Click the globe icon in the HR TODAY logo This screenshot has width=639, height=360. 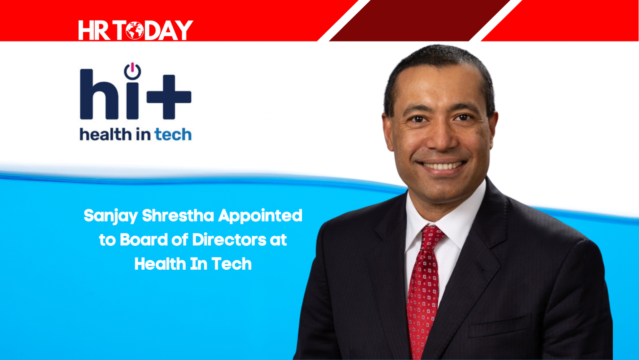click(x=135, y=30)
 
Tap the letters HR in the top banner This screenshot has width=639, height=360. click(x=94, y=30)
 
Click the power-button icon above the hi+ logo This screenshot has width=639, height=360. click(x=132, y=71)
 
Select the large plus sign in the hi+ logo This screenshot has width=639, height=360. click(x=169, y=97)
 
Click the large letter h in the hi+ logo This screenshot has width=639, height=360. click(x=99, y=94)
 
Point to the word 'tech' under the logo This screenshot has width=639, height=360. click(x=173, y=134)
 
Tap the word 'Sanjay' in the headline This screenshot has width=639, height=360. click(x=111, y=216)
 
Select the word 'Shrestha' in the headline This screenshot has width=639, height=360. click(x=178, y=215)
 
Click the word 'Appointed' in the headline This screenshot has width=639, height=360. click(x=260, y=216)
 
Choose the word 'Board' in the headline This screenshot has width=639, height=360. click(x=144, y=239)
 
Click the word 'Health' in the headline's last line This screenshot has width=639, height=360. click(x=160, y=264)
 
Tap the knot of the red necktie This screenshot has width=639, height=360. click(x=432, y=237)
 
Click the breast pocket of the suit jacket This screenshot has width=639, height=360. click(x=501, y=326)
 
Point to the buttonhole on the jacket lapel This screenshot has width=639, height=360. click(x=480, y=267)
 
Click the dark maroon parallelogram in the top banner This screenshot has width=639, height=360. click(x=420, y=20)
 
